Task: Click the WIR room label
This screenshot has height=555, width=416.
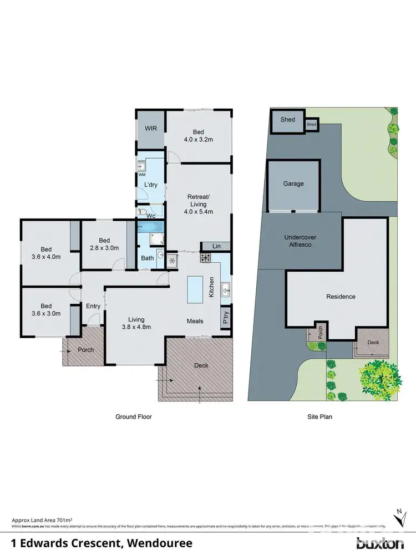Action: tap(151, 129)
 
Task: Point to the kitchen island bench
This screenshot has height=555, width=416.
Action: tap(195, 289)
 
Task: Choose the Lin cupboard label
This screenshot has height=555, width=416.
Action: tap(216, 246)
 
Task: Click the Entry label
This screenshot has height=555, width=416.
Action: tap(93, 306)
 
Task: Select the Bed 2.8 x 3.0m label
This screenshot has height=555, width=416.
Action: tap(104, 244)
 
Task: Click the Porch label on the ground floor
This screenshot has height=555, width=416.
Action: tap(85, 350)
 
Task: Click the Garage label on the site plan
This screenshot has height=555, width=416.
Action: tap(293, 184)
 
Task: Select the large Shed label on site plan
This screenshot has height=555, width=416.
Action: tap(287, 120)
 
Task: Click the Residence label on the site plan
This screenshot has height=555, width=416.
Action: tap(341, 297)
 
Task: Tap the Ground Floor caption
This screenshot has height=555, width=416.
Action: tap(133, 416)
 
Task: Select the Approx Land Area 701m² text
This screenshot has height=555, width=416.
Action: tap(42, 520)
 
